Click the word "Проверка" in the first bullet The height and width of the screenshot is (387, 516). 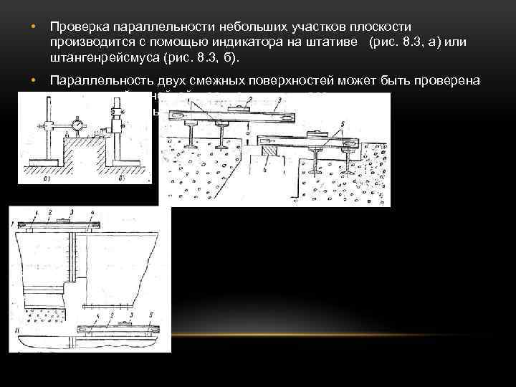tap(77, 27)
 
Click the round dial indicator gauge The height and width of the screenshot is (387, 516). tap(77, 125)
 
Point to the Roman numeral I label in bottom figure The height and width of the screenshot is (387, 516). tap(14, 225)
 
